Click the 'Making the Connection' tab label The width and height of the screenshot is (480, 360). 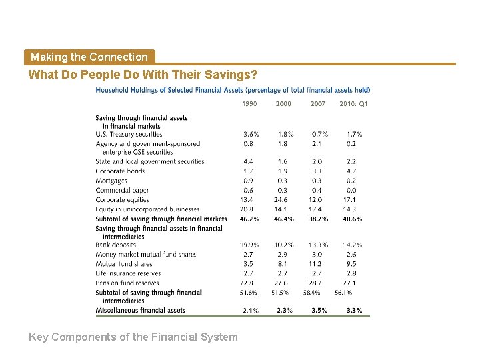point(89,57)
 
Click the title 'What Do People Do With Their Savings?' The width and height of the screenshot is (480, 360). point(143,75)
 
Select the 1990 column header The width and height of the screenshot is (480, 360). point(249,103)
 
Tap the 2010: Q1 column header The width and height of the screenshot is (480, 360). point(353,103)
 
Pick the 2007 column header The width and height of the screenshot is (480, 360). point(317,103)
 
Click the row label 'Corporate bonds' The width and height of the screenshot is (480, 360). point(120,171)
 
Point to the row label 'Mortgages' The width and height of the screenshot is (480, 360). point(111,181)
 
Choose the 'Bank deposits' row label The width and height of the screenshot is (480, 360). point(116,245)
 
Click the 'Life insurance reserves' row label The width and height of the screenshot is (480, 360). point(128,273)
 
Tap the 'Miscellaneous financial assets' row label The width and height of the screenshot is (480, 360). point(141,310)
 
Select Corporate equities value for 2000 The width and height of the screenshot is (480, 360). point(283,199)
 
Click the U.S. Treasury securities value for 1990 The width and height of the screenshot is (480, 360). point(251,134)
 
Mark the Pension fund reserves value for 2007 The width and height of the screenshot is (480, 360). point(317,283)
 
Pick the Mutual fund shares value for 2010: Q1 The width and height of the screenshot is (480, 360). point(351,263)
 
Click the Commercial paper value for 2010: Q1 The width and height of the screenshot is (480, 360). point(351,190)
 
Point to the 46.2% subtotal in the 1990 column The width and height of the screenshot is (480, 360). point(249,219)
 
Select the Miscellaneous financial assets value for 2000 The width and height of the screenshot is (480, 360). point(283,310)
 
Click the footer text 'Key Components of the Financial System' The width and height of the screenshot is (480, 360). point(133,337)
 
